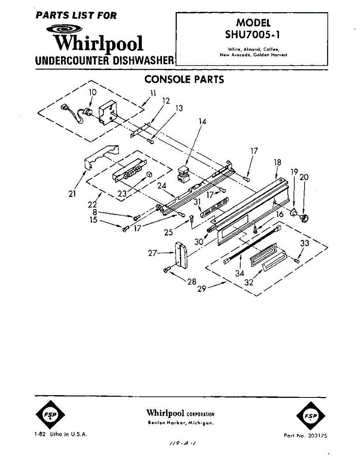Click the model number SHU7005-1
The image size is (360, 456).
(252, 34)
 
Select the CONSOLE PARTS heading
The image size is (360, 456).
(184, 79)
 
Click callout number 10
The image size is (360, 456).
(93, 92)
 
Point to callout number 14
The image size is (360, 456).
(203, 122)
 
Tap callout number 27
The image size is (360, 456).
(152, 253)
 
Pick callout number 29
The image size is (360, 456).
(202, 289)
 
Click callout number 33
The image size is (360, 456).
(304, 243)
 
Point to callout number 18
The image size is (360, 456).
(278, 162)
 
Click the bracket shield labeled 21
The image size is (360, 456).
(100, 156)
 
